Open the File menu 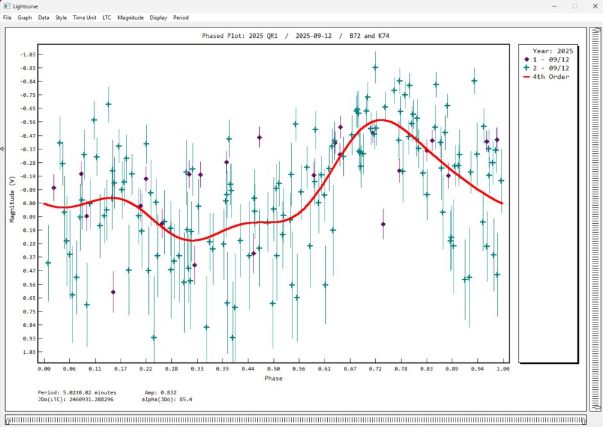(x=8, y=18)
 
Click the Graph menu (x=25, y=18)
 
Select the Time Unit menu (x=84, y=18)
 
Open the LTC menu (x=106, y=18)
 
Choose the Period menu (x=181, y=18)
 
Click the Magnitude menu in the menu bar (x=130, y=18)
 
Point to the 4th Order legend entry (x=550, y=77)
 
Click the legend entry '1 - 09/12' (x=551, y=59)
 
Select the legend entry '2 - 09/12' (x=551, y=68)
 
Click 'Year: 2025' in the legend (x=552, y=51)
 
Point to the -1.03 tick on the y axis (x=28, y=54)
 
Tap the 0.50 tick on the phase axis (x=274, y=369)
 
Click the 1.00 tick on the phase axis (x=503, y=369)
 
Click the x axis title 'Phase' (x=273, y=378)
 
